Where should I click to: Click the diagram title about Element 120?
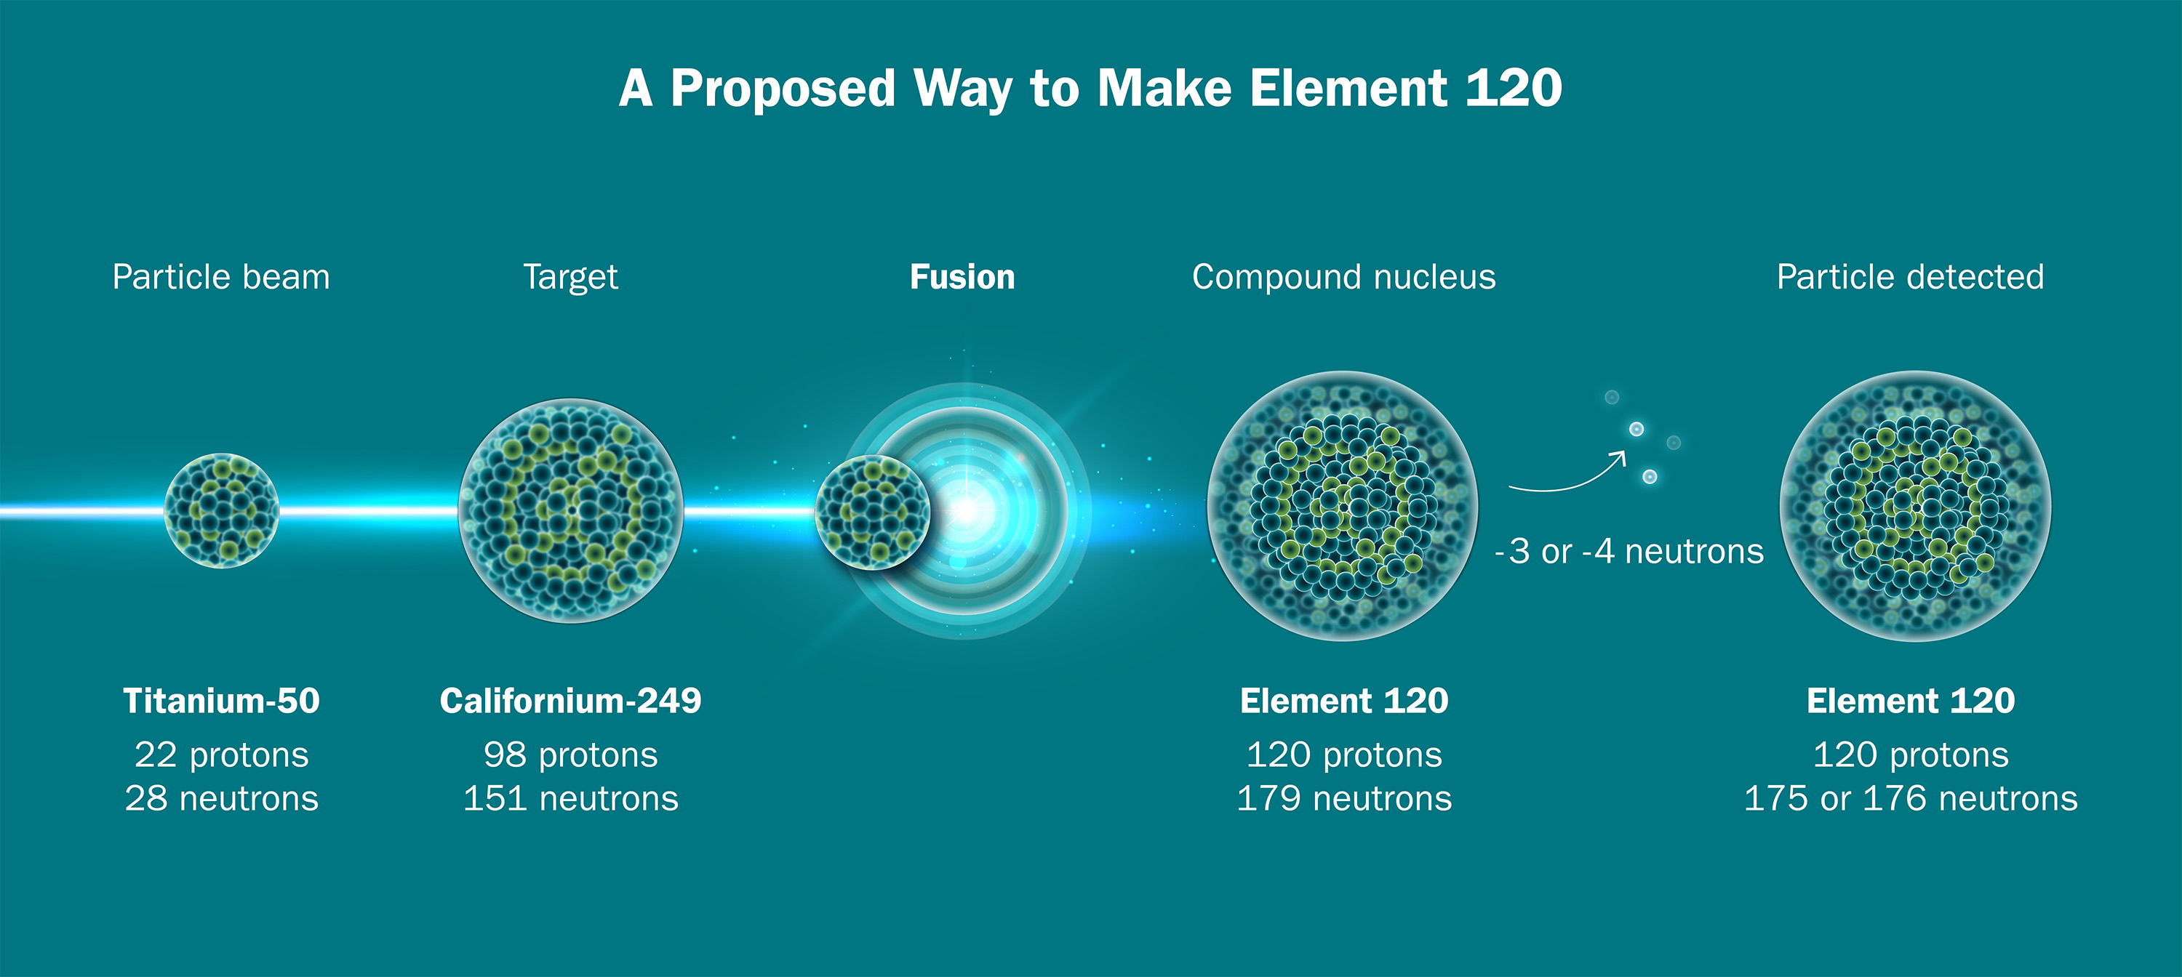click(x=1090, y=89)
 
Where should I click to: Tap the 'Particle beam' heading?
click(x=221, y=277)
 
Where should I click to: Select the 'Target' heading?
click(x=570, y=278)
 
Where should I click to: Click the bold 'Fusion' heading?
click(x=962, y=277)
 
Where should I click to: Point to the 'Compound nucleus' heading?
click(x=1344, y=278)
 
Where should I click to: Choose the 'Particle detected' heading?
click(x=1910, y=277)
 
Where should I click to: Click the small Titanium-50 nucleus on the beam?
click(x=221, y=510)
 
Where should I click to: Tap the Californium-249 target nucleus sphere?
click(x=571, y=510)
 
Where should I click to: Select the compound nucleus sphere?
click(x=1343, y=506)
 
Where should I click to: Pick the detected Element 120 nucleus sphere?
click(x=1915, y=506)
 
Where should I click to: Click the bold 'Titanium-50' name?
click(x=221, y=701)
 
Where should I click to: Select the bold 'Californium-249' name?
click(x=570, y=701)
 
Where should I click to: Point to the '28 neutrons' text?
click(x=221, y=798)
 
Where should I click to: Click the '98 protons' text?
click(x=570, y=755)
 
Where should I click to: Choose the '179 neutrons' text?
click(x=1344, y=798)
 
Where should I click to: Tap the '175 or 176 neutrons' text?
click(x=1910, y=798)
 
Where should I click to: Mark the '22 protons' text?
click(x=221, y=755)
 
